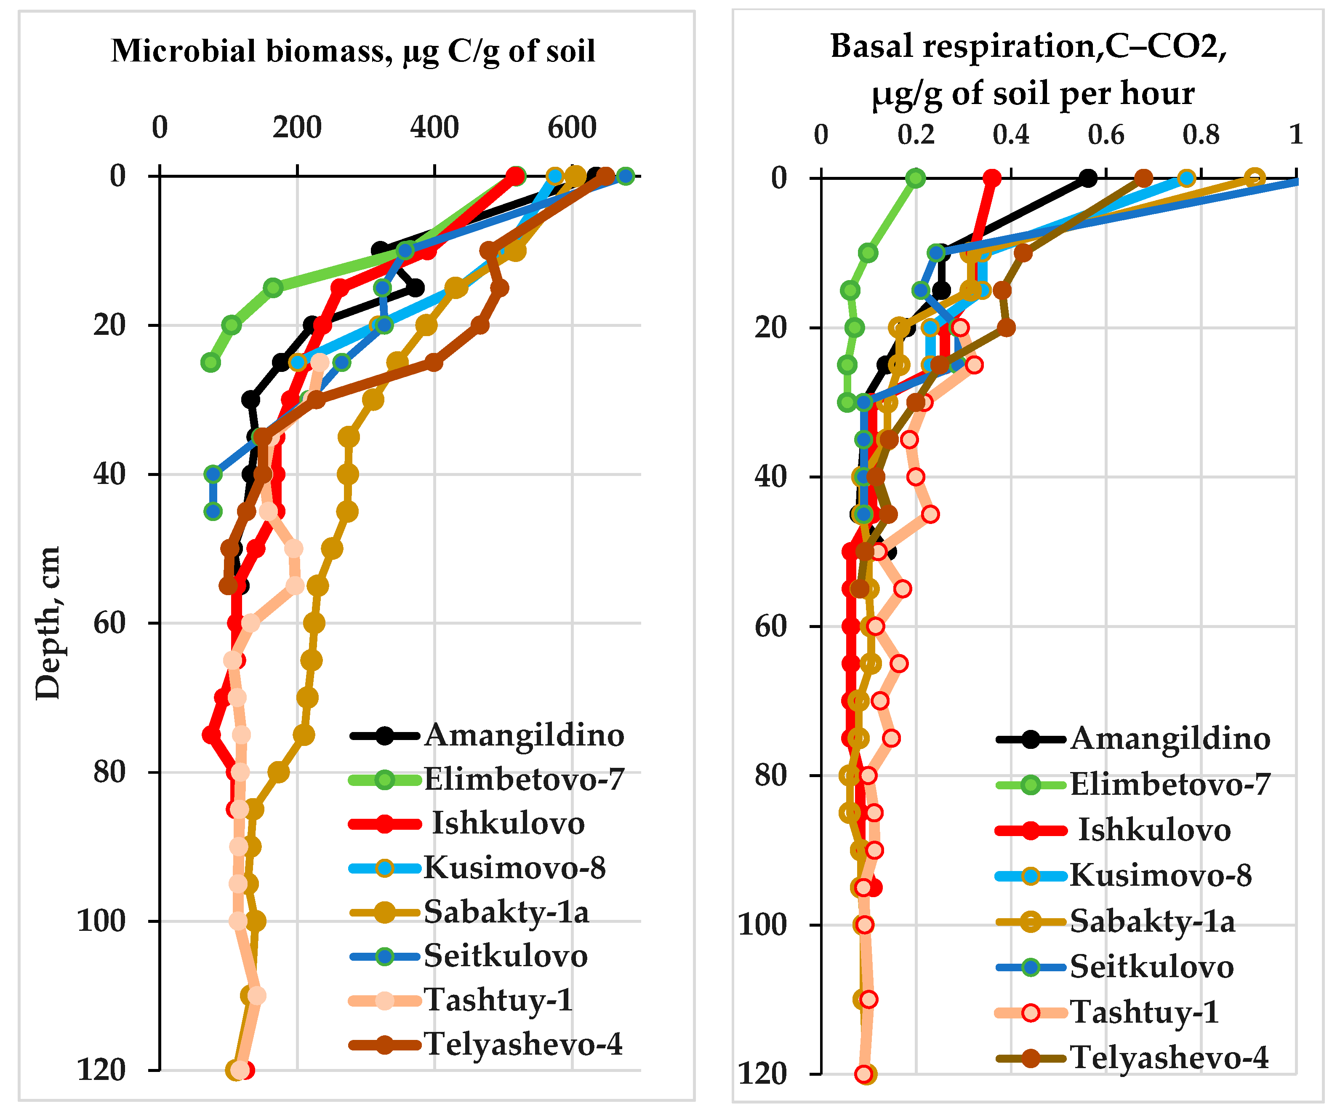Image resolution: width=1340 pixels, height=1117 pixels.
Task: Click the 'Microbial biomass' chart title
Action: [x=353, y=51]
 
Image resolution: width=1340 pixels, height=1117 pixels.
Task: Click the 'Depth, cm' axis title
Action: [x=48, y=623]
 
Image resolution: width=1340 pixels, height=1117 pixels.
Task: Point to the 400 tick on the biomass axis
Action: [x=434, y=128]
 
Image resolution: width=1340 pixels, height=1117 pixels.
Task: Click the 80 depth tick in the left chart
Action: [x=110, y=772]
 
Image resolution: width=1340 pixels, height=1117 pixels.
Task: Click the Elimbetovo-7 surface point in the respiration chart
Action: [x=916, y=178]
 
